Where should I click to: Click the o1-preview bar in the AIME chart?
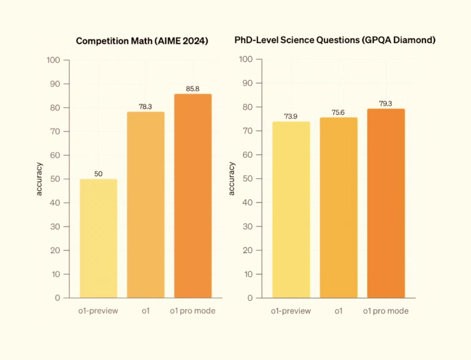pyautogui.click(x=99, y=238)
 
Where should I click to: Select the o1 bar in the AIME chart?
pyautogui.click(x=146, y=205)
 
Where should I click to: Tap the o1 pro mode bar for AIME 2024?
pyautogui.click(x=193, y=196)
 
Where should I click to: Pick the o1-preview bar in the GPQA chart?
pyautogui.click(x=291, y=210)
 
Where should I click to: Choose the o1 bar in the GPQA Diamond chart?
pyautogui.click(x=338, y=208)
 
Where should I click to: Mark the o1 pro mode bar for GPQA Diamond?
pyautogui.click(x=386, y=203)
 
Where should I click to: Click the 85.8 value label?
pyautogui.click(x=193, y=89)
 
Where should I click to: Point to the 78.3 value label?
pyautogui.click(x=146, y=107)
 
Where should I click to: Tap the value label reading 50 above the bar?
pyautogui.click(x=99, y=174)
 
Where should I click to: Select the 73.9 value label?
pyautogui.click(x=291, y=117)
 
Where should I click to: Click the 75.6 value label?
pyautogui.click(x=338, y=113)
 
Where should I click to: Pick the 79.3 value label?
pyautogui.click(x=386, y=104)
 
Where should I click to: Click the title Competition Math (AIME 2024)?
pyautogui.click(x=142, y=41)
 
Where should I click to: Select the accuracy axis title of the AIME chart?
pyautogui.click(x=39, y=179)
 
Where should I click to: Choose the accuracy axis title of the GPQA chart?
pyautogui.click(x=232, y=179)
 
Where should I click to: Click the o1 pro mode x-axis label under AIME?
pyautogui.click(x=193, y=311)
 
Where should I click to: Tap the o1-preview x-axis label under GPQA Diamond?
pyautogui.click(x=291, y=311)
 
